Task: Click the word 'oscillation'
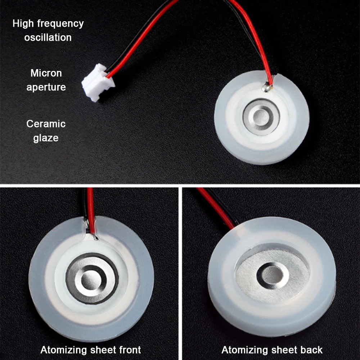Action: [48, 37]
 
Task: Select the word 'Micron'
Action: [46, 73]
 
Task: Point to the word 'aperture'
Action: [46, 87]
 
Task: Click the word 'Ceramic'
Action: [46, 124]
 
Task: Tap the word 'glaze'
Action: [46, 138]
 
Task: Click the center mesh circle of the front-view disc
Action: [91, 278]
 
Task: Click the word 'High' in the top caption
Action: [23, 24]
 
